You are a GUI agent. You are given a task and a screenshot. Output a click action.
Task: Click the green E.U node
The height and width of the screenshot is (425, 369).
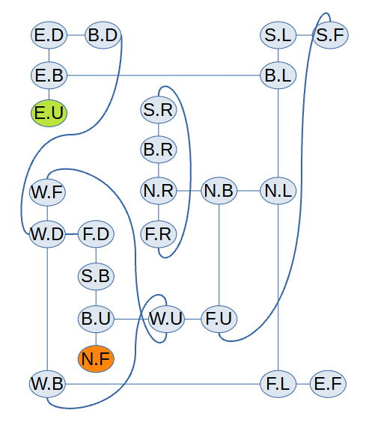pos(49,113)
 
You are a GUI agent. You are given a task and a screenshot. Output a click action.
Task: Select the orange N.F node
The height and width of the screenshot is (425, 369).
pos(96,358)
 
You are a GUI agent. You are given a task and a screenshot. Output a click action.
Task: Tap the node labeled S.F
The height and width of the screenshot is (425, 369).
pos(330,35)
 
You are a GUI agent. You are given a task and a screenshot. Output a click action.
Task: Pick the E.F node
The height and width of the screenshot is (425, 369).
pos(328,384)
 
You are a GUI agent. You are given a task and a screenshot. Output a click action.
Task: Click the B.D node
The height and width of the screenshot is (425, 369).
pos(103,35)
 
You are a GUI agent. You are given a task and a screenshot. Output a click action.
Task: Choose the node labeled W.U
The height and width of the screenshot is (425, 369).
pos(166,319)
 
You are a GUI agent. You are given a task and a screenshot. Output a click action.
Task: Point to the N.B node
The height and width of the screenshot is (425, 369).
pos(219,191)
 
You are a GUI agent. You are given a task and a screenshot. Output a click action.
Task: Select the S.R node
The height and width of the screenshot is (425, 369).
pos(159,110)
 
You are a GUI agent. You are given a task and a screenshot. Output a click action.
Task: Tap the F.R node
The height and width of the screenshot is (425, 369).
pos(159,234)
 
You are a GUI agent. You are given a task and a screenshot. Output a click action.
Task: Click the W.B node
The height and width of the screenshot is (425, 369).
pos(47,384)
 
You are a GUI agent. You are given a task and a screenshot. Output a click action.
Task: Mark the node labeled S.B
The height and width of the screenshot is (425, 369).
pos(96,276)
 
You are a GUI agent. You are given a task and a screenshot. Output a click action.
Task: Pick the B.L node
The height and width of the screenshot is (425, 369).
pos(278,76)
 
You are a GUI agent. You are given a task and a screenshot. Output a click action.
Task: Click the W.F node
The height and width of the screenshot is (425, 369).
pos(47,192)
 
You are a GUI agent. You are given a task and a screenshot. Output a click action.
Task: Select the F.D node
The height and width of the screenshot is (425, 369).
pos(96,234)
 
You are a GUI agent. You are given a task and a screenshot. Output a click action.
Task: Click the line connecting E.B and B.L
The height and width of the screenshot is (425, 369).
pos(163,76)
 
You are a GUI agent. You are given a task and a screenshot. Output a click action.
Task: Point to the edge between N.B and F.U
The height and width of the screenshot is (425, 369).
pos(219,255)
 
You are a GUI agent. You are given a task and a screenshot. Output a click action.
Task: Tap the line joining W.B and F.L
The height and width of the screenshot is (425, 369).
pos(162,384)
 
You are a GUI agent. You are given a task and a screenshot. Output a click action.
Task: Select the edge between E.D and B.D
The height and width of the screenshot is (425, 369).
pos(76,35)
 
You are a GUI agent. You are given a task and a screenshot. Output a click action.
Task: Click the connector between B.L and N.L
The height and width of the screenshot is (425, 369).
pos(278,133)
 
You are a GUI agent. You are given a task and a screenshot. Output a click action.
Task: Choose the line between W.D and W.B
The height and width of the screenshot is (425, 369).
pos(47,309)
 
